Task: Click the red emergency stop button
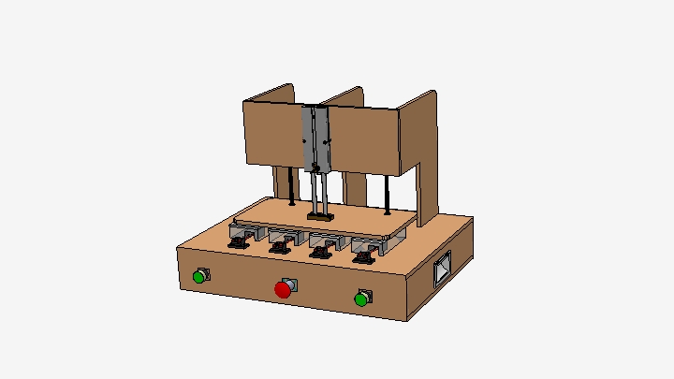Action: pyautogui.click(x=283, y=290)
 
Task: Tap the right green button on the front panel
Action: pyautogui.click(x=361, y=299)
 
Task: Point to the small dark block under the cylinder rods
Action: pyautogui.click(x=319, y=218)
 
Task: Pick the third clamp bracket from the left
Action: pyautogui.click(x=322, y=250)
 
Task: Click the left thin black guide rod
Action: pyautogui.click(x=294, y=186)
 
